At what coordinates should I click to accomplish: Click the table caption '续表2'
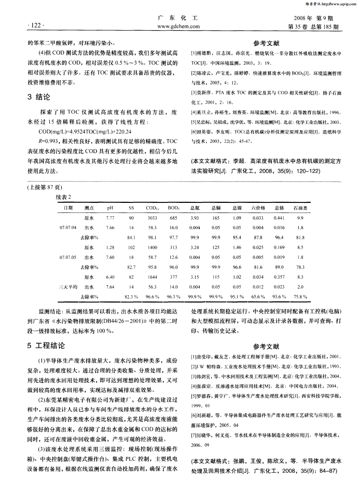(64, 197)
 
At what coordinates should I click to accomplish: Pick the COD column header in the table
(152, 208)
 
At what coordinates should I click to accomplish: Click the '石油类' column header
(300, 208)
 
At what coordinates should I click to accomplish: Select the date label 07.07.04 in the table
(67, 227)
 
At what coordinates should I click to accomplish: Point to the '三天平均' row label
(67, 287)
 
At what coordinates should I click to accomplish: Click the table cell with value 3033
(153, 218)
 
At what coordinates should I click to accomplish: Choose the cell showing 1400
(153, 247)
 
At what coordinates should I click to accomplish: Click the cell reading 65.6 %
(259, 297)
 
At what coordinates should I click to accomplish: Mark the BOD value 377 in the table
(173, 277)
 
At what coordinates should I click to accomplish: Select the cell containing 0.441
(279, 218)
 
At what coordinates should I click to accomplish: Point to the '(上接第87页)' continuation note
(44, 187)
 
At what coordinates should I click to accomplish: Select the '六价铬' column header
(258, 208)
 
